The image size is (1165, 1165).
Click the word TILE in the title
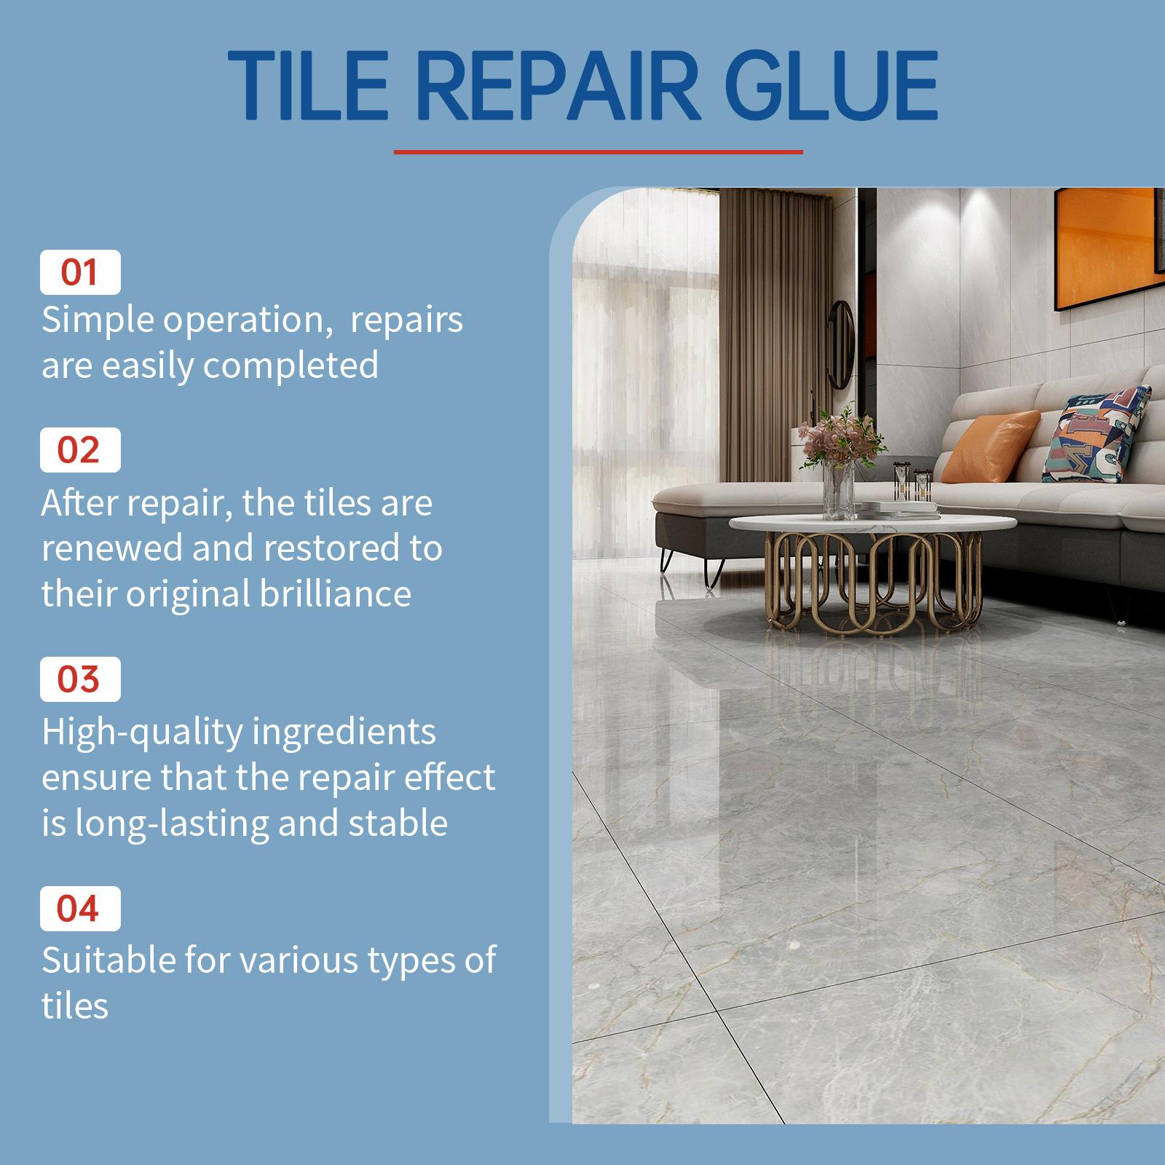[x=309, y=86]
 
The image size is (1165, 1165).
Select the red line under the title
[x=598, y=152]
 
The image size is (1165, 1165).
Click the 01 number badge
[x=80, y=272]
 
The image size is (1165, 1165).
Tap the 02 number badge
[x=80, y=450]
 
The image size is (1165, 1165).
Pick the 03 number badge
[x=80, y=679]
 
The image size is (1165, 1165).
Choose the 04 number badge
[x=80, y=909]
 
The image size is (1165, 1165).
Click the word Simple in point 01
[x=98, y=320]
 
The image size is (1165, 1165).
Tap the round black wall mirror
[x=842, y=344]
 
